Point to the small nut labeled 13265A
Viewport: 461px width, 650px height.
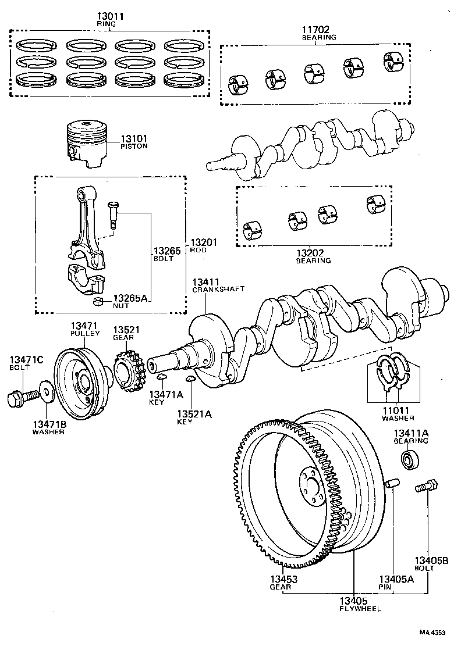click(99, 301)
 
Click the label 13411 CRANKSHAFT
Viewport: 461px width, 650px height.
click(218, 285)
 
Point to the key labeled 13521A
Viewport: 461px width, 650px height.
click(190, 380)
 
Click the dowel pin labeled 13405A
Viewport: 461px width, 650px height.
click(393, 484)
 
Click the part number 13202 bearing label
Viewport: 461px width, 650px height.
click(312, 256)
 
